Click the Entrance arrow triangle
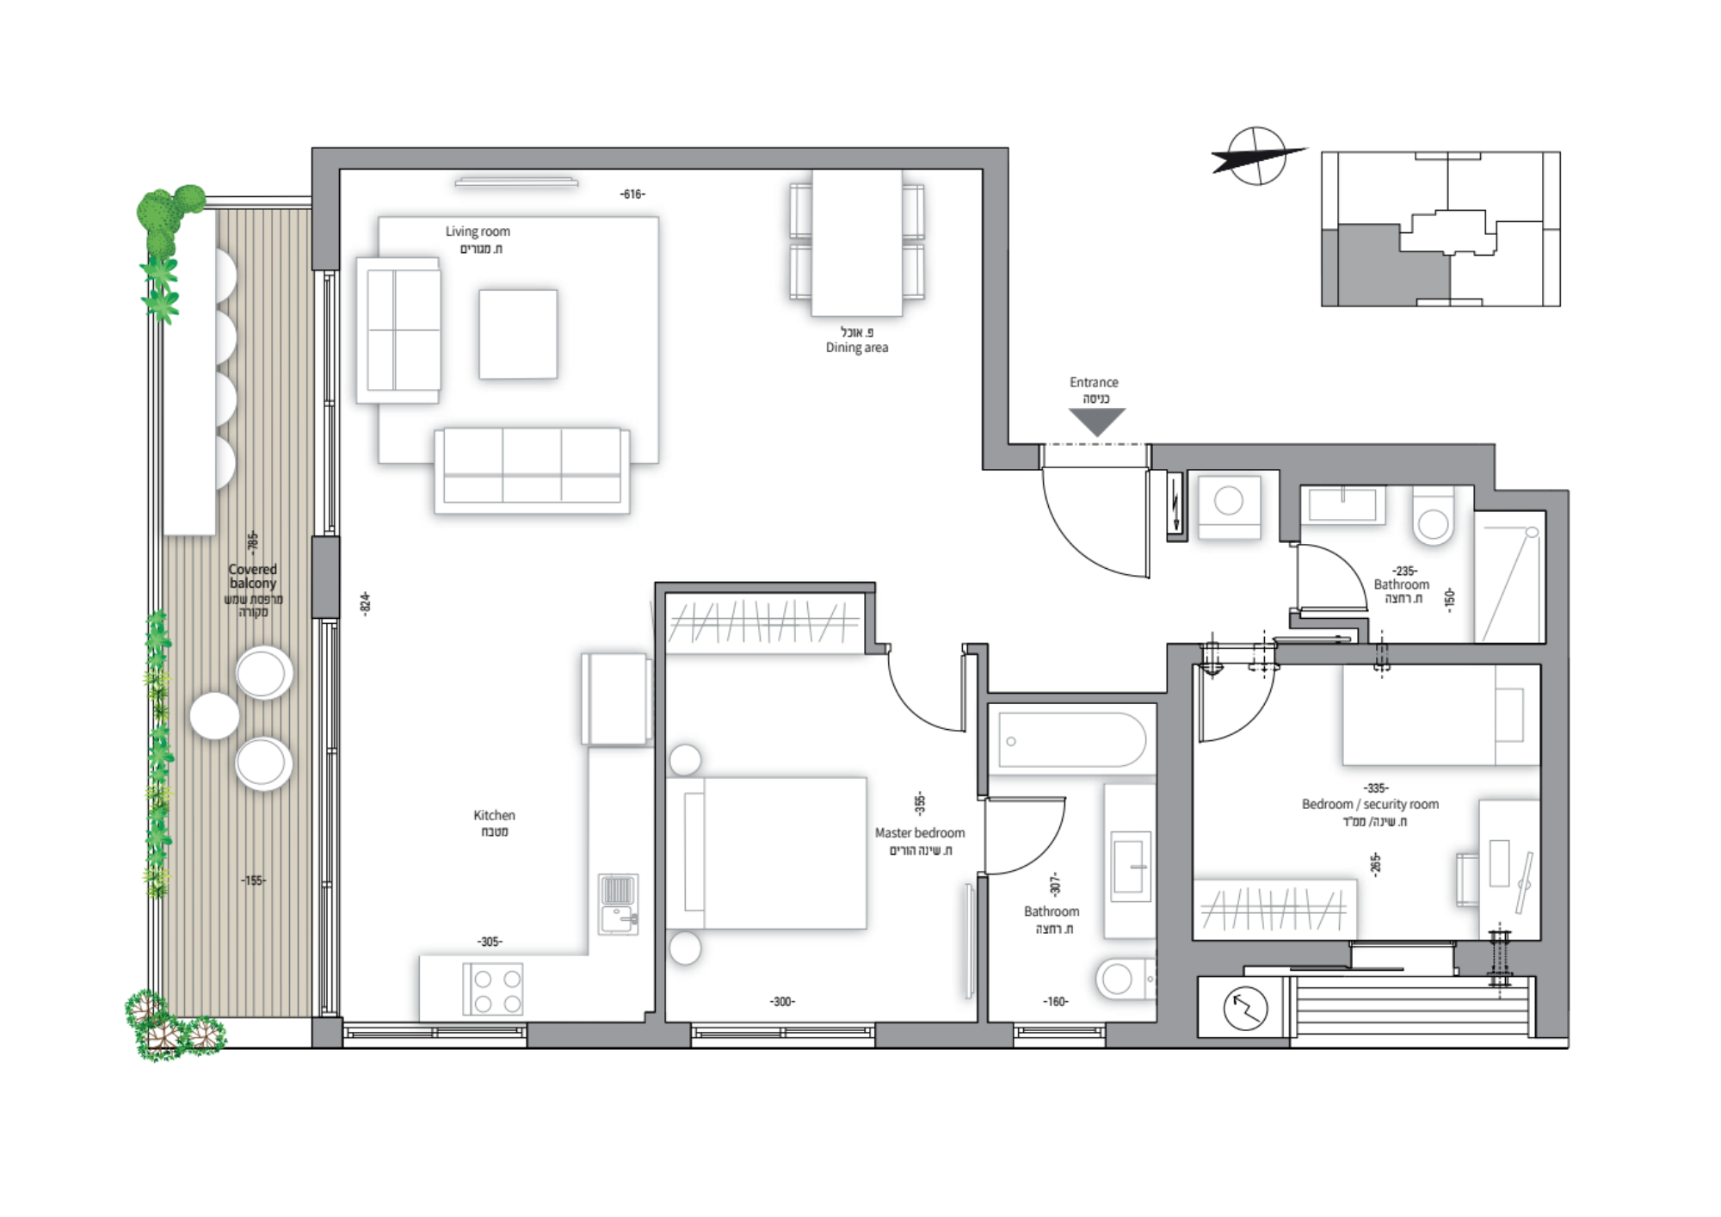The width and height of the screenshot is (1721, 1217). click(x=1097, y=421)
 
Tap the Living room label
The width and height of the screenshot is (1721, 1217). click(x=478, y=232)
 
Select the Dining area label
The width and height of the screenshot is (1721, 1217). click(x=857, y=348)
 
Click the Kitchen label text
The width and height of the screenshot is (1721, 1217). click(x=494, y=815)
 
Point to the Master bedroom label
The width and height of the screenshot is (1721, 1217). click(x=920, y=833)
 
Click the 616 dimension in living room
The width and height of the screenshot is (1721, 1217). click(x=632, y=195)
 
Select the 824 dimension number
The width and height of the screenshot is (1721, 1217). click(x=366, y=602)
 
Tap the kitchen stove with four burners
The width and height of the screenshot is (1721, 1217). click(x=493, y=990)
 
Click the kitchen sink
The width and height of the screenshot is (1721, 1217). click(x=619, y=905)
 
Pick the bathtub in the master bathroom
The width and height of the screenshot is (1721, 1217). click(x=1072, y=740)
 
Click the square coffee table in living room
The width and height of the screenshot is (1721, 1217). click(x=518, y=334)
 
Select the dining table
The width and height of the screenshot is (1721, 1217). click(x=857, y=243)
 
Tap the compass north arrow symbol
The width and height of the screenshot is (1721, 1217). click(x=1257, y=157)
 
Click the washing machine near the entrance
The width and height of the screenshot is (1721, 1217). click(x=1230, y=506)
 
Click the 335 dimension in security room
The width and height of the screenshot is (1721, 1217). click(x=1376, y=788)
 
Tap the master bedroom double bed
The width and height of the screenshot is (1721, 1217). click(x=767, y=853)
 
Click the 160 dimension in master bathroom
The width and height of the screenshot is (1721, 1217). click(x=1056, y=1002)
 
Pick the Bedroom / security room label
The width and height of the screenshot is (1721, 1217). click(x=1370, y=805)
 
